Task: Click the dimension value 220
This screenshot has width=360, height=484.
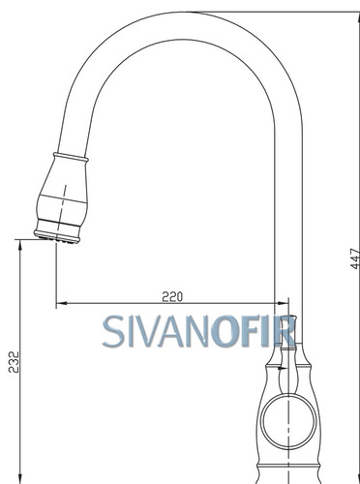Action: point(172,296)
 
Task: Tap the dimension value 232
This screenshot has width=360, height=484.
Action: point(14,362)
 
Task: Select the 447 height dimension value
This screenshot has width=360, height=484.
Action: point(355,258)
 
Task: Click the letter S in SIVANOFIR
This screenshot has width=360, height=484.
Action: point(113,331)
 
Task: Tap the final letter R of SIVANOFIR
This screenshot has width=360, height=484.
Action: point(284,331)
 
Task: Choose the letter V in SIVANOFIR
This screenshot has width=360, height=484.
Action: point(146,331)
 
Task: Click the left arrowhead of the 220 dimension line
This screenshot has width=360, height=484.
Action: point(61,303)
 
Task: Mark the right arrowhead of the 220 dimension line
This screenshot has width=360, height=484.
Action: point(284,303)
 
